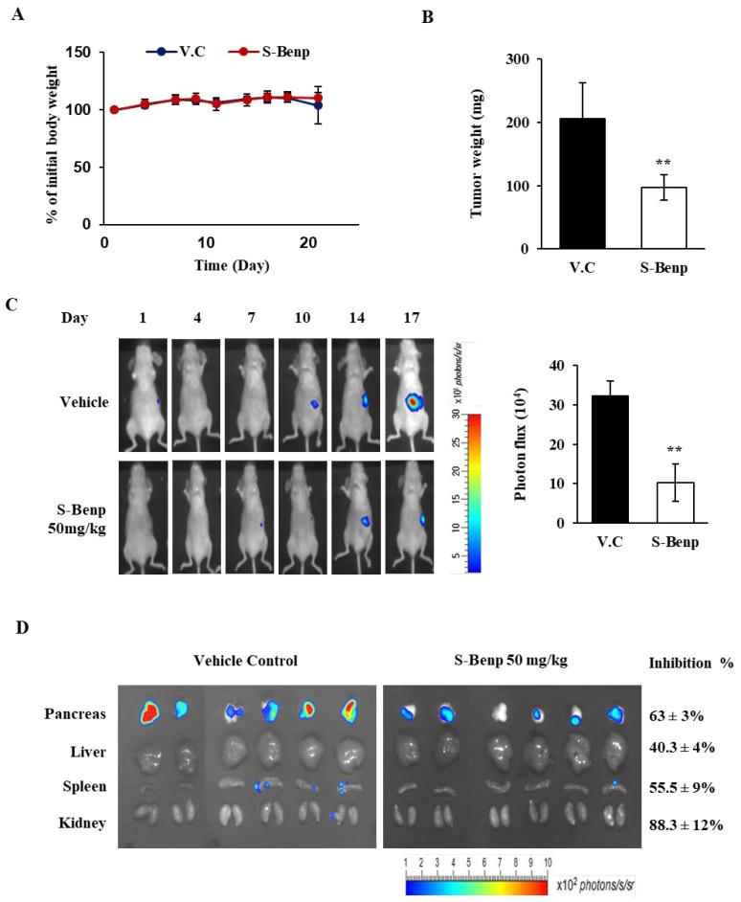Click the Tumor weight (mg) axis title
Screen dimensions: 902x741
point(476,153)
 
